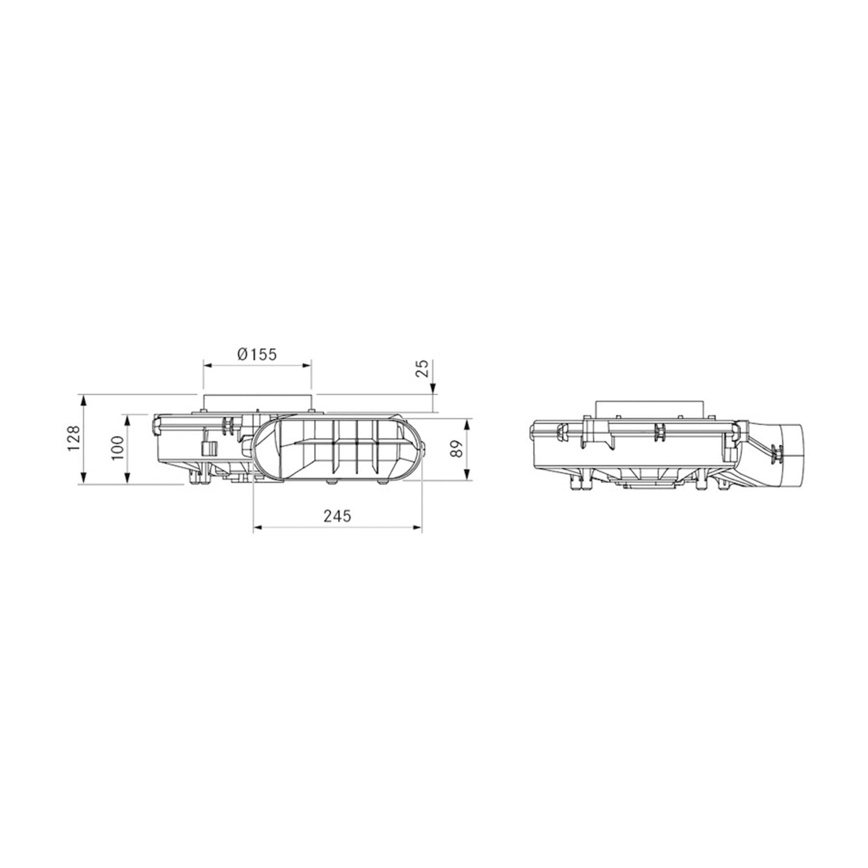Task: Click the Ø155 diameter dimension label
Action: (x=257, y=355)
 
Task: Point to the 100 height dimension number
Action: (x=117, y=447)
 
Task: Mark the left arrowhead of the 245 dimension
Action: (x=258, y=527)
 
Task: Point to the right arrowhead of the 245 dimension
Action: (x=417, y=527)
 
